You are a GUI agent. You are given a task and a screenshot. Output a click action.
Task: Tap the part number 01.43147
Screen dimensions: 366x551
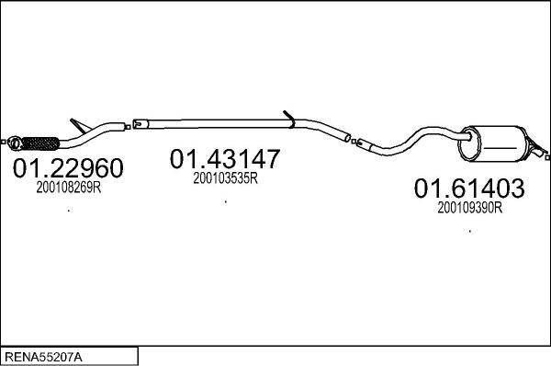[x=224, y=159]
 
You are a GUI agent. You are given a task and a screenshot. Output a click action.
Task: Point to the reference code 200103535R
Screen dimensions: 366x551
[x=225, y=179]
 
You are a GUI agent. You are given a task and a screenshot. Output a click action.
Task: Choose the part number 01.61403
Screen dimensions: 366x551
[x=468, y=189]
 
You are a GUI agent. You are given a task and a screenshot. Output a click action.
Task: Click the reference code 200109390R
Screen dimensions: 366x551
[x=469, y=209]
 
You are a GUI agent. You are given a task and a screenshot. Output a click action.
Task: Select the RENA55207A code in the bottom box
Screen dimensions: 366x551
[x=44, y=355]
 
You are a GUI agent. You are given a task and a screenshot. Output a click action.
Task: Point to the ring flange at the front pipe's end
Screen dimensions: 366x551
[x=16, y=142]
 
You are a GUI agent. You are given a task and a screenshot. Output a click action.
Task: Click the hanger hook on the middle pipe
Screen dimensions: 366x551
[x=288, y=118]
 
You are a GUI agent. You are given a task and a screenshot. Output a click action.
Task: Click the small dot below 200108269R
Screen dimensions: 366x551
[x=70, y=212]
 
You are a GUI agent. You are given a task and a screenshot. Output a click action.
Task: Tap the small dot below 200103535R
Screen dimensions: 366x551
[x=226, y=200]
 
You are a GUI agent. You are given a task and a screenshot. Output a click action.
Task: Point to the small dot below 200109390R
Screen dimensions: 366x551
[x=470, y=231]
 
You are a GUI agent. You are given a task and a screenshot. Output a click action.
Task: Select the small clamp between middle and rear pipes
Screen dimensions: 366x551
[x=348, y=139]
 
